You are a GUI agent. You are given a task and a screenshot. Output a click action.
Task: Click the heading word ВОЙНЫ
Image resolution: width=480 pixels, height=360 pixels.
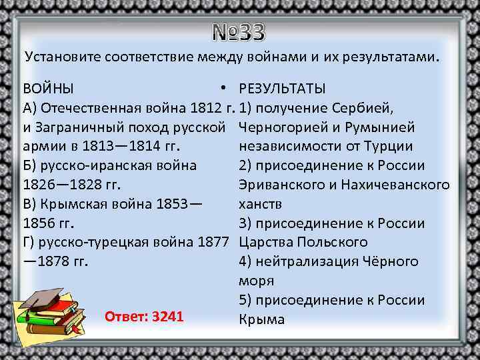click(49, 89)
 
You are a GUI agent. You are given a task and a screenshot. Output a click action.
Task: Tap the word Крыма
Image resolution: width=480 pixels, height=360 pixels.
click(261, 319)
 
